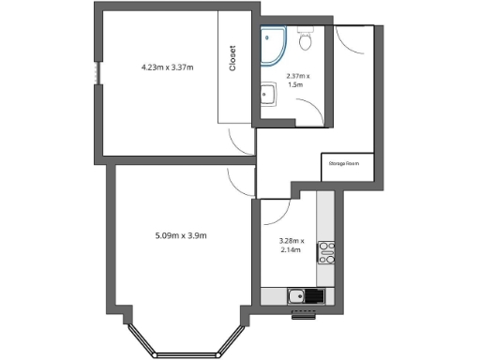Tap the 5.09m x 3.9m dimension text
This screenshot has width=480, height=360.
coord(180,235)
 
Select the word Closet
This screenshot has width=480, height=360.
coord(233,58)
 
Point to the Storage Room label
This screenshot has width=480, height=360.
coord(344,163)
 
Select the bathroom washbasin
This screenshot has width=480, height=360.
coord(267,94)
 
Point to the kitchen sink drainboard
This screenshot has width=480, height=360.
coord(313,297)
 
